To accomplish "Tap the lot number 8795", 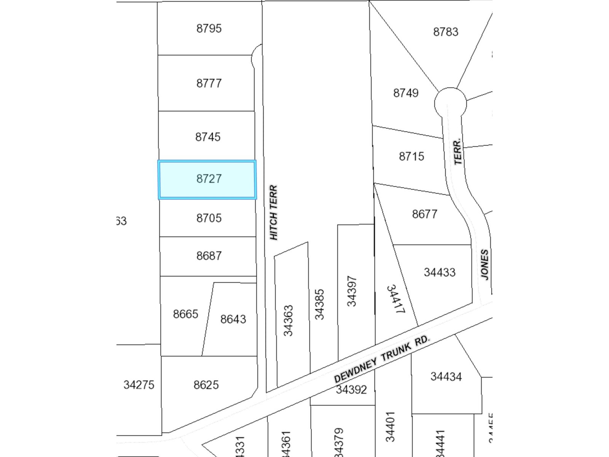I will [x=209, y=29].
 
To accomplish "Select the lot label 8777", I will [x=209, y=83].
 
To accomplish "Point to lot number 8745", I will [x=208, y=137].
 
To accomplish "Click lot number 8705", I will [x=209, y=218].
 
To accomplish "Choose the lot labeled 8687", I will [x=209, y=256].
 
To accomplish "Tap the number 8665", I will [x=185, y=314].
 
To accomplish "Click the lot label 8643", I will [x=233, y=319].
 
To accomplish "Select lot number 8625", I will [x=206, y=385].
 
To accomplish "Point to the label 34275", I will [x=139, y=385].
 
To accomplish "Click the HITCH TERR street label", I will [x=274, y=213].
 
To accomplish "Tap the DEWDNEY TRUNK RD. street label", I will [x=382, y=359].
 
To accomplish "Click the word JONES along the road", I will [x=484, y=264].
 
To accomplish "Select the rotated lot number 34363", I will [x=289, y=320].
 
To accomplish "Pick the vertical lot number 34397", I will [x=352, y=291].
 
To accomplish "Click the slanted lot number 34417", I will [x=395, y=299].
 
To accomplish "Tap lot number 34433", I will [x=440, y=272].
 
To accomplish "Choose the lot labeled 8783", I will [x=446, y=32].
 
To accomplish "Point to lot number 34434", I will [x=446, y=377].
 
